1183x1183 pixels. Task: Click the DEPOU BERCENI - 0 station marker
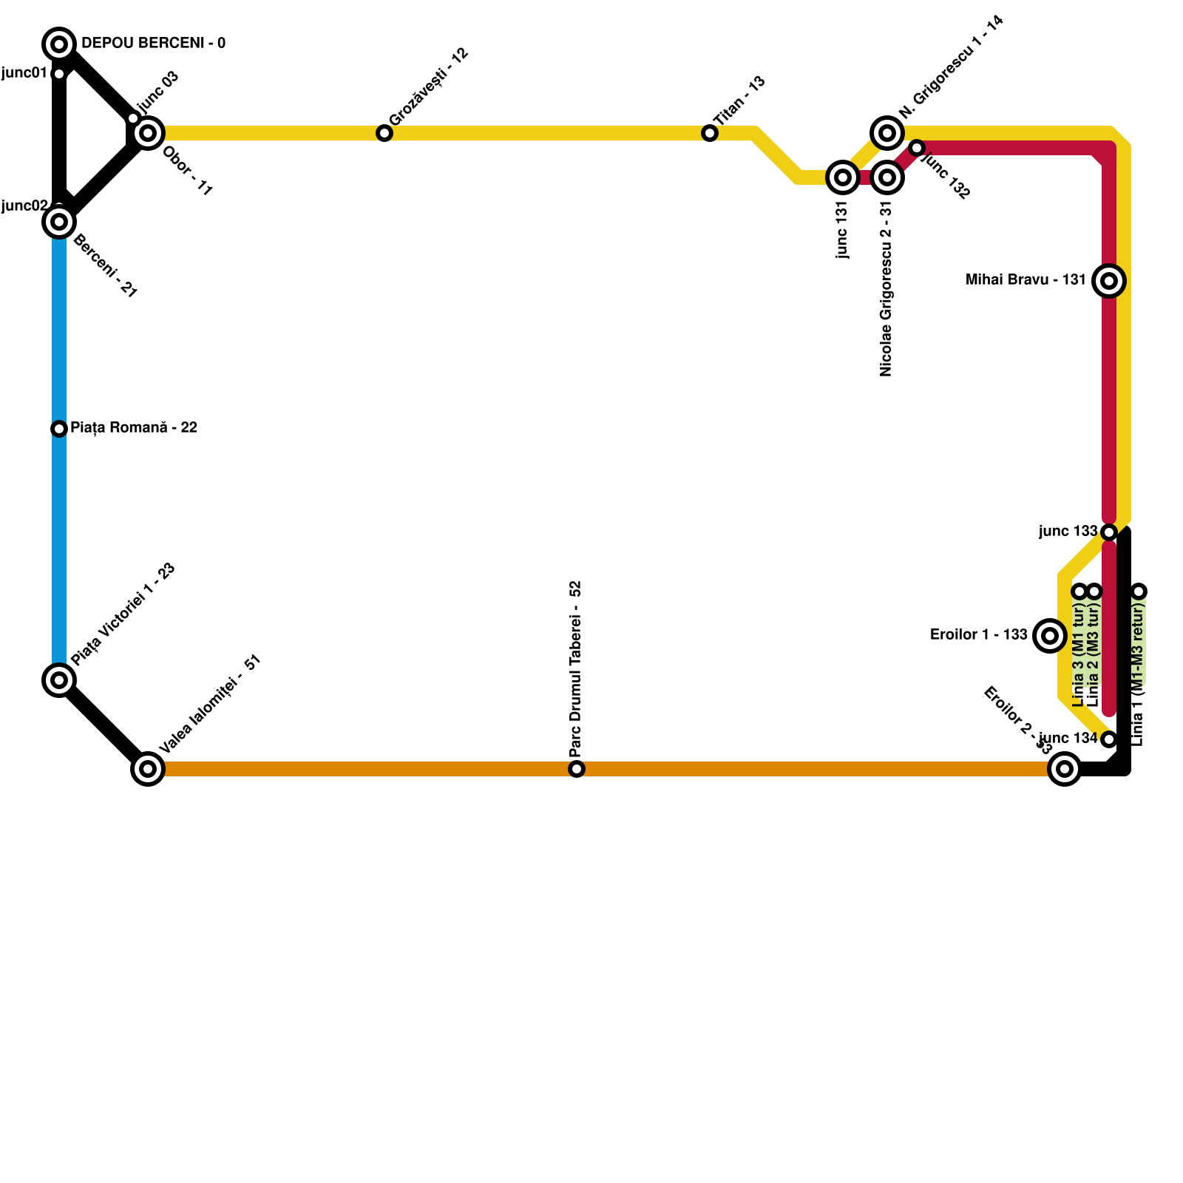[x=59, y=44]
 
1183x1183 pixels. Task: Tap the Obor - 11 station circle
[x=148, y=133]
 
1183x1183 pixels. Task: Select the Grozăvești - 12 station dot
[x=384, y=133]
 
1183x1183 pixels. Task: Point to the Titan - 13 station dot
[x=710, y=133]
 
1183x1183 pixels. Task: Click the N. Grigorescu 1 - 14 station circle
[x=887, y=133]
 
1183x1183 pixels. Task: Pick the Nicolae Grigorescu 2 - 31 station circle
[x=887, y=177]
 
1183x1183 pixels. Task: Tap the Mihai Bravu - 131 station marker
[x=1109, y=281]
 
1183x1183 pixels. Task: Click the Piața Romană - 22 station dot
[x=59, y=429]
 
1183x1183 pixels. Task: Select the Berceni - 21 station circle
[x=59, y=222]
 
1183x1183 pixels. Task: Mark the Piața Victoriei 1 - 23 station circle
[x=59, y=680]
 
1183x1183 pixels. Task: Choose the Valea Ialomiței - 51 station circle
[x=148, y=769]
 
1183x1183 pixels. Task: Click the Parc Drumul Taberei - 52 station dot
[x=577, y=769]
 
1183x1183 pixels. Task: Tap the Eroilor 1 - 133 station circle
[x=1050, y=636]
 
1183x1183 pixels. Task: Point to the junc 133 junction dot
[x=1109, y=532]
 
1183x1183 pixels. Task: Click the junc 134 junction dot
[x=1109, y=739]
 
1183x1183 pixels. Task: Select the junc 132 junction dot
[x=917, y=148]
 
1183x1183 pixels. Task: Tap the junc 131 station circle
[x=843, y=177]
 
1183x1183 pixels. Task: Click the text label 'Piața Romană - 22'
[x=134, y=428]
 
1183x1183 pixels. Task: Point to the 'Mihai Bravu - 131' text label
[x=1026, y=280]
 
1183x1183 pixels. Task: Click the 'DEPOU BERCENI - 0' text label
[x=153, y=44]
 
